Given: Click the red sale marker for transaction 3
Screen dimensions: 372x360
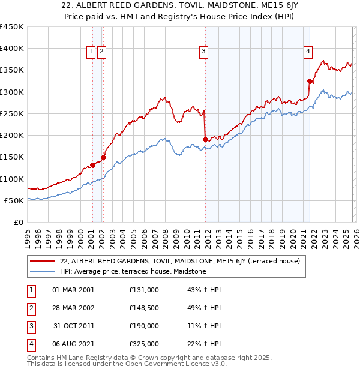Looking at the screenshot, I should (205, 139).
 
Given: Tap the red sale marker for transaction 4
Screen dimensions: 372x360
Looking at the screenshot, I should (310, 81).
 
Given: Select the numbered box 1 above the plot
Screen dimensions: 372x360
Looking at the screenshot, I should (91, 52).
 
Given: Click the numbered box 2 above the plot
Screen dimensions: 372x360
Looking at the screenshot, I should (101, 52).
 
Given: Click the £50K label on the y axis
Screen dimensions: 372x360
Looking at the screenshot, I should (14, 200).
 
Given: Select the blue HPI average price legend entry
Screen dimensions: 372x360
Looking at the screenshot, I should (133, 271).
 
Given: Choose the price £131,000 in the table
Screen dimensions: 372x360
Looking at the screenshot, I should (144, 290).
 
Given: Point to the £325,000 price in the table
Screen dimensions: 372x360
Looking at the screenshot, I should (144, 344).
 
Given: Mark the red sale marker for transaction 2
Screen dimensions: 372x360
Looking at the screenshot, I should (103, 157).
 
